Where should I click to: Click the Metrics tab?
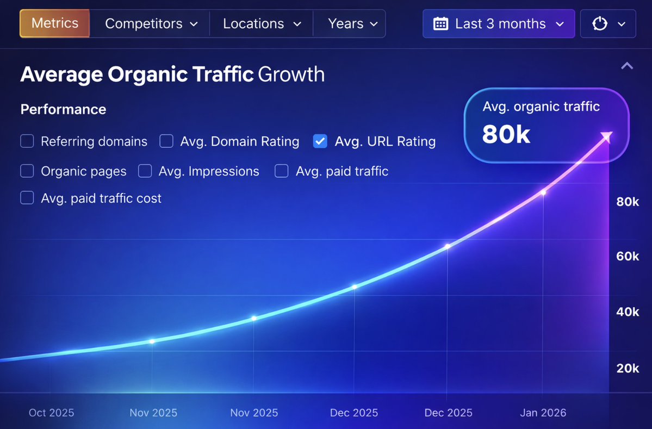(54, 24)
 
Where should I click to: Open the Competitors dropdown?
(151, 24)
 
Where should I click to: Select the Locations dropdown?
(262, 24)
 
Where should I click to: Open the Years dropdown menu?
(352, 24)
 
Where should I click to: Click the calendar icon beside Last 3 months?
(440, 24)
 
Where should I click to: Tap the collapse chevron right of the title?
(627, 66)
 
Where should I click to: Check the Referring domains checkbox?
(27, 142)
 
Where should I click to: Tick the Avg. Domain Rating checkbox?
(166, 142)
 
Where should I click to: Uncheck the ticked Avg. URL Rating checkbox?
(320, 142)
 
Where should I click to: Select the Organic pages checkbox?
(27, 171)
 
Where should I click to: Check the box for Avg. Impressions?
(145, 171)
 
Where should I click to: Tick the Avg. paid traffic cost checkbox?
(27, 198)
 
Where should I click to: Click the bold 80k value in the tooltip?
(506, 134)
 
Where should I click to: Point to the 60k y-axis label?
(628, 256)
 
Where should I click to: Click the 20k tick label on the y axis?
(628, 368)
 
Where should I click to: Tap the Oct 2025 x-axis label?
(51, 413)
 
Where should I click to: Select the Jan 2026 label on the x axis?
(543, 413)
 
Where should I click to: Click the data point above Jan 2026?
(543, 192)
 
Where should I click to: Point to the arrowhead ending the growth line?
(607, 136)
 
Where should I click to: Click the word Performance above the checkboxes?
(63, 109)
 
